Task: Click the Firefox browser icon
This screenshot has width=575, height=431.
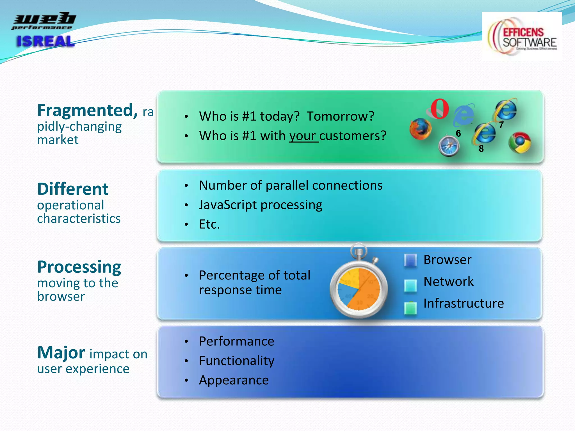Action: [x=420, y=129]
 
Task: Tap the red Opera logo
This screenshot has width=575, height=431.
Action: [x=439, y=109]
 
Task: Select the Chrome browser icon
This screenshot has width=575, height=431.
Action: [x=520, y=143]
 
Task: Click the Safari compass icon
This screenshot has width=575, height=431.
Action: [x=449, y=146]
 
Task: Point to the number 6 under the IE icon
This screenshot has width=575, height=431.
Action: [x=458, y=133]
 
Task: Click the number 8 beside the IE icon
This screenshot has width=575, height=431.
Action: [x=481, y=149]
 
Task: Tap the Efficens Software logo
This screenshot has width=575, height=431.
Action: [x=522, y=36]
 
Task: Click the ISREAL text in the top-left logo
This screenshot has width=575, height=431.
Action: [x=45, y=42]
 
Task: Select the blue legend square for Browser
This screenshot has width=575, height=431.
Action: [x=410, y=260]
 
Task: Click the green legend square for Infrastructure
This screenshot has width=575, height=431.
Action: [x=410, y=308]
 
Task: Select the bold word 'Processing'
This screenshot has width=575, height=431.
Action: [x=79, y=267]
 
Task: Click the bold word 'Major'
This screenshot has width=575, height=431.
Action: [x=61, y=352]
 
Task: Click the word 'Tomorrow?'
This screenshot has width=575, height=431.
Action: [x=340, y=116]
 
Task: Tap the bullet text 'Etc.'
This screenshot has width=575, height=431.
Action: [x=209, y=224]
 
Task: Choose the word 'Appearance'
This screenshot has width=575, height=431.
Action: [x=234, y=380]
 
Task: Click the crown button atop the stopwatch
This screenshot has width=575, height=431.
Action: [x=359, y=251]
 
